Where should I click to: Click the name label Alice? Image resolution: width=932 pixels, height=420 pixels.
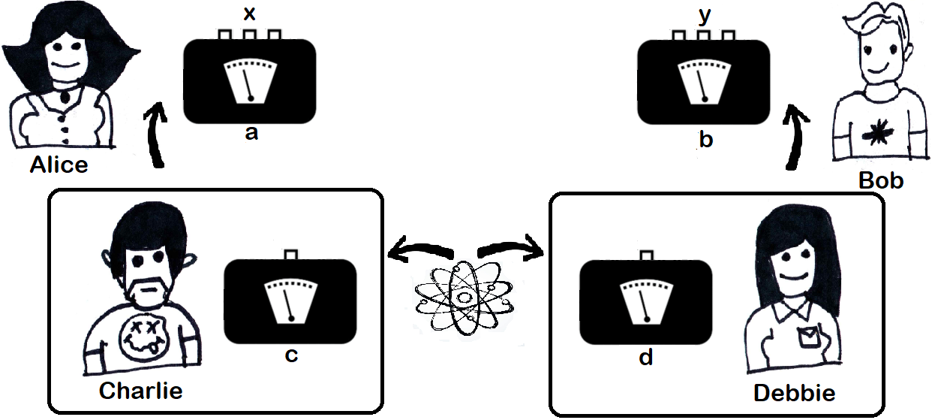point(59,165)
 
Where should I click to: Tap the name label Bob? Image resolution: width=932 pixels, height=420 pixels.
point(881,180)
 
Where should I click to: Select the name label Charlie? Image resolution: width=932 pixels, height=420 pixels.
point(140,390)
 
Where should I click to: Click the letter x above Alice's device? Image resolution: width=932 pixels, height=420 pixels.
point(250,13)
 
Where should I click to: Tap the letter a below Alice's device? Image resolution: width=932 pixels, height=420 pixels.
point(252,134)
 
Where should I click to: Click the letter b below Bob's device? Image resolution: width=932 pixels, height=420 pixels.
point(705,140)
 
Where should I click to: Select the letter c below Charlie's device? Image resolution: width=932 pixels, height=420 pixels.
point(292,355)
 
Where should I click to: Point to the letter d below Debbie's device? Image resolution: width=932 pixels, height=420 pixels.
point(645,357)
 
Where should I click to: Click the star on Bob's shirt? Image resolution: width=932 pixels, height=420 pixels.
point(873,134)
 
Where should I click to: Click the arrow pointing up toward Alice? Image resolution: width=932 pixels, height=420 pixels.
point(156,136)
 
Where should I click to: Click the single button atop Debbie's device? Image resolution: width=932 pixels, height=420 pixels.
point(646,256)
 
